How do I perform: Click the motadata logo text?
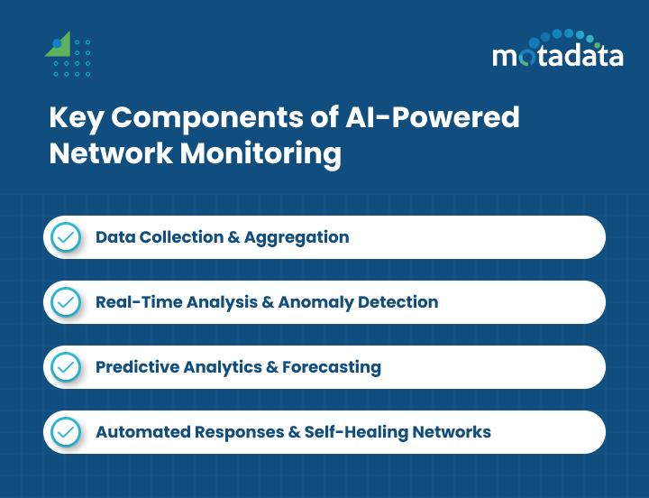[557, 56]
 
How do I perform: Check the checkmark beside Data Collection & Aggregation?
[65, 237]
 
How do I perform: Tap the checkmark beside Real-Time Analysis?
[65, 302]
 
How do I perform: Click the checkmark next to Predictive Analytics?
[65, 367]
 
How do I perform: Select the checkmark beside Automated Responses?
[65, 432]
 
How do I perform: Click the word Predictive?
[134, 367]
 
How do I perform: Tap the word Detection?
[398, 302]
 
